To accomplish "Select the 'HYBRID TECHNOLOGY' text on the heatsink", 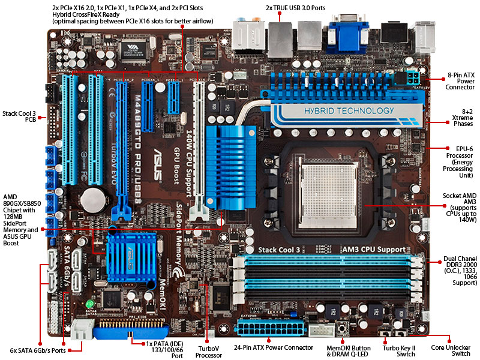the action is coord(340,110).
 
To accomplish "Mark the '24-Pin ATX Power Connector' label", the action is coord(275,347).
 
